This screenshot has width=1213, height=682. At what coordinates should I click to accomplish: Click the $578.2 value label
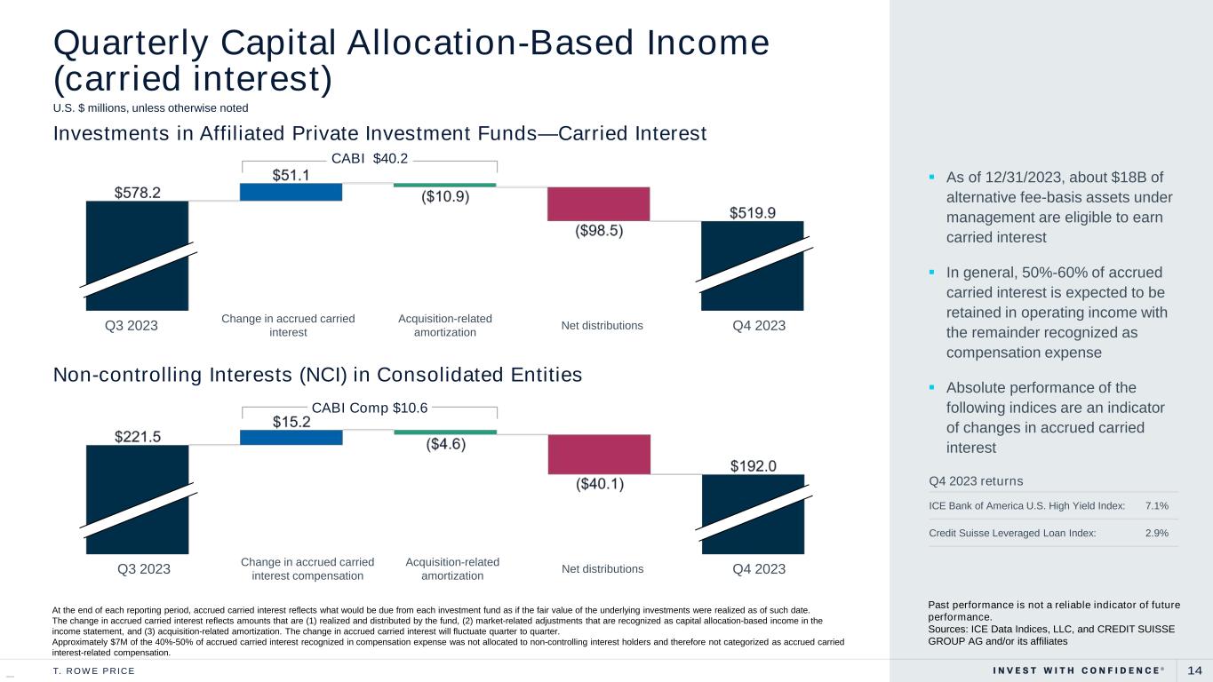(x=138, y=193)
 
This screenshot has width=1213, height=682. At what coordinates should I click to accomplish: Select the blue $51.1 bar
(x=291, y=192)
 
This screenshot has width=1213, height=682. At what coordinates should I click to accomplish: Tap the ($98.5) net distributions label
(x=599, y=231)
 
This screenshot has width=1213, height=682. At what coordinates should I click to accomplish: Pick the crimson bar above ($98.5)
(x=598, y=204)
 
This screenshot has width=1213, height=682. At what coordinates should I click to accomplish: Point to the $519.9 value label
(x=753, y=213)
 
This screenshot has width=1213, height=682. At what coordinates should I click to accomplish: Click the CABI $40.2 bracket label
(x=370, y=159)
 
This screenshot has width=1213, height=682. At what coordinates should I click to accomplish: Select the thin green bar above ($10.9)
(x=444, y=185)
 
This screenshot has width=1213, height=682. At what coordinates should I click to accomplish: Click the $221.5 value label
(x=138, y=436)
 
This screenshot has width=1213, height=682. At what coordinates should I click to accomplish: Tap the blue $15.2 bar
(x=291, y=437)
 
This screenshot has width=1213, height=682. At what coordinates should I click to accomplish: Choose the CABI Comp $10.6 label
(x=370, y=408)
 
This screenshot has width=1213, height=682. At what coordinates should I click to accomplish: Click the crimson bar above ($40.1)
(x=599, y=455)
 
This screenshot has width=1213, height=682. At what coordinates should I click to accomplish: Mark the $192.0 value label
(x=754, y=466)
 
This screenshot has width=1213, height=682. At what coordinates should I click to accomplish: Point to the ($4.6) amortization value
(x=446, y=444)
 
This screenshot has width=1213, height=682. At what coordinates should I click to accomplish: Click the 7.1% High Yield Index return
(x=1157, y=505)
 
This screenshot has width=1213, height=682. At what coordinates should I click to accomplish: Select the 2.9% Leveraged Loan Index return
(x=1157, y=533)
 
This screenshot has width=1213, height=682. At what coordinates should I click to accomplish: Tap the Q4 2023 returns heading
(x=976, y=481)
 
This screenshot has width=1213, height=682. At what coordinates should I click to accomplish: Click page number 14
(x=1195, y=670)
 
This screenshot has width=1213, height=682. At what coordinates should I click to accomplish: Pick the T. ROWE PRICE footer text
(x=93, y=671)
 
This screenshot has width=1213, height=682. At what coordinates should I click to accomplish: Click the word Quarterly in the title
(x=131, y=43)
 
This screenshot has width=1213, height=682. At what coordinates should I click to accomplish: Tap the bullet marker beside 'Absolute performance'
(x=931, y=387)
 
